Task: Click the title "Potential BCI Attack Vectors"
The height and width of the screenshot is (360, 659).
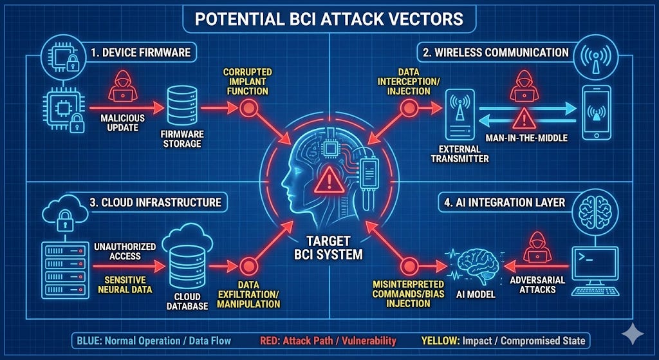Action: coord(329,18)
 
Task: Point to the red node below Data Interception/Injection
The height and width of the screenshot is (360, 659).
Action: coord(408,109)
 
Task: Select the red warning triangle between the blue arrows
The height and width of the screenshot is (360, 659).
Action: coord(525,117)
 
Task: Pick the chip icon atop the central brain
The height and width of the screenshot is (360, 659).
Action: coord(332,149)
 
